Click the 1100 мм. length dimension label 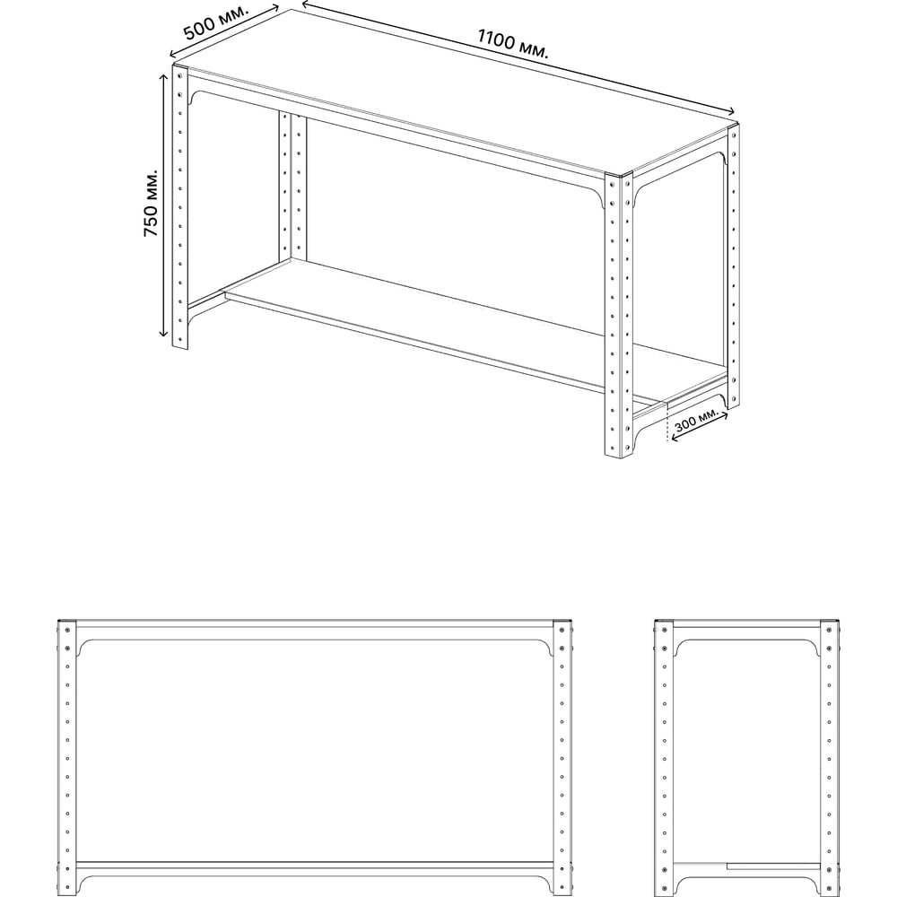512,44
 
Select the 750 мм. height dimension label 151,203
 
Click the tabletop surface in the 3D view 452,91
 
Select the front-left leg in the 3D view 180,207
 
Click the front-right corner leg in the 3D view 619,315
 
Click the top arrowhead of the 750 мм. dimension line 164,76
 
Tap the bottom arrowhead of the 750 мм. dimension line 164,334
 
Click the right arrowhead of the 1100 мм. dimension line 731,112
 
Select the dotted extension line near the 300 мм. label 667,423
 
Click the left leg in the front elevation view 67,758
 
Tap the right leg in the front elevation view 562,758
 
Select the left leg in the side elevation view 664,758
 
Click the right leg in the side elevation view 830,758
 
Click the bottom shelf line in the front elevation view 315,863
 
